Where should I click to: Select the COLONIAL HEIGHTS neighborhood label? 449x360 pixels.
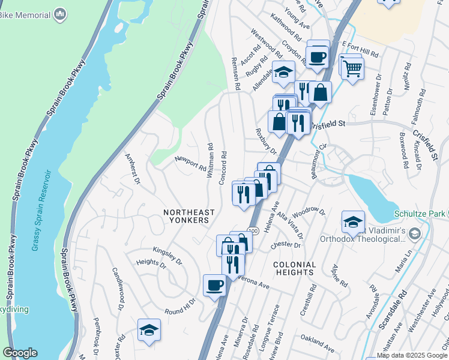click(x=294, y=268)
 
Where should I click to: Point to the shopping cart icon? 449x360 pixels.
click(x=352, y=70)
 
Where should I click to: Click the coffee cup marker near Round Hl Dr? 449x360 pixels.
click(x=214, y=286)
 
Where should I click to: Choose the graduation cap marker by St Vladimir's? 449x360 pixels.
click(x=353, y=222)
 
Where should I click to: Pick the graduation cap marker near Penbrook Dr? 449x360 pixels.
click(x=149, y=330)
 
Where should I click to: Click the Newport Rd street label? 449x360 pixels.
click(x=190, y=163)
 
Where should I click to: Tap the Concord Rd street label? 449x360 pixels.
click(x=223, y=163)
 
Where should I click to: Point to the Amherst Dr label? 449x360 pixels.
click(x=131, y=169)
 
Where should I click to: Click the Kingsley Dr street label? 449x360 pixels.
click(x=167, y=254)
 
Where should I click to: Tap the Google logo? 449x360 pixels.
click(x=20, y=353)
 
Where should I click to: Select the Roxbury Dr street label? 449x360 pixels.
click(x=265, y=139)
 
